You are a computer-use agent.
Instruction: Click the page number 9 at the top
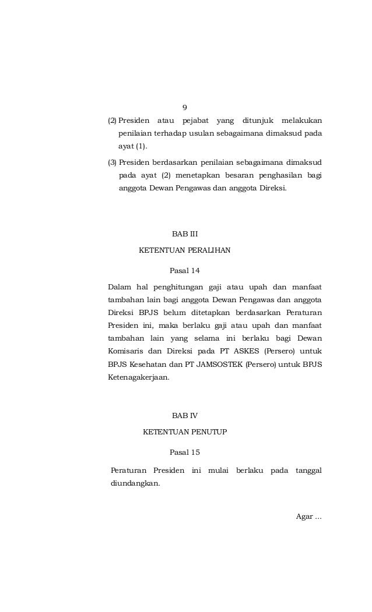click(x=185, y=107)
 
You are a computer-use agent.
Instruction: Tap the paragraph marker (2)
click(x=112, y=121)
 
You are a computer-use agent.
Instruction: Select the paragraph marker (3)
click(x=112, y=161)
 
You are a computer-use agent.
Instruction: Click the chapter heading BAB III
click(x=185, y=234)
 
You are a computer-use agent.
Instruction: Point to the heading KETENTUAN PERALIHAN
click(x=184, y=250)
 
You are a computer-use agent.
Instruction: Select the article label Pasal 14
click(x=185, y=271)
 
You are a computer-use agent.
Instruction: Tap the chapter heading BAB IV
click(x=185, y=416)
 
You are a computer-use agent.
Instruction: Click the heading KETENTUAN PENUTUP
click(x=185, y=432)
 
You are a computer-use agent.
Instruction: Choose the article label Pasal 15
click(x=185, y=452)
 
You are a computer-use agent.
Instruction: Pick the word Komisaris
click(x=126, y=352)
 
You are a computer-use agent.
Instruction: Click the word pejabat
click(x=195, y=121)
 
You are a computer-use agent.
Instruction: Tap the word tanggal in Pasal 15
click(x=308, y=470)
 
